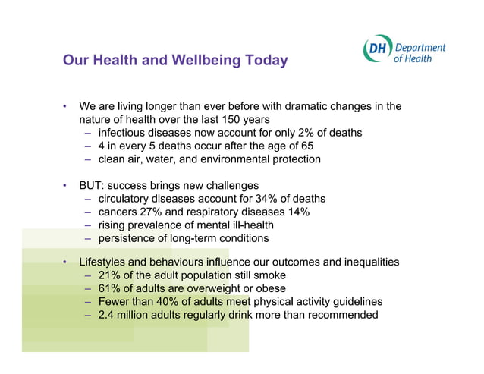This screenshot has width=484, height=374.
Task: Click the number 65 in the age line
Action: point(306,146)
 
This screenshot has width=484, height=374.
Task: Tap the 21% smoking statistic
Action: point(111,275)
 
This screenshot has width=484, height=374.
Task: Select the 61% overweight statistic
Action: point(111,288)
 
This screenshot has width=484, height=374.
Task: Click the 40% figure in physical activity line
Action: point(170,302)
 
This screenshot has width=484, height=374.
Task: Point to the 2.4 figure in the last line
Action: point(107,315)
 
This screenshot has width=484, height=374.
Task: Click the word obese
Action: point(271,288)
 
